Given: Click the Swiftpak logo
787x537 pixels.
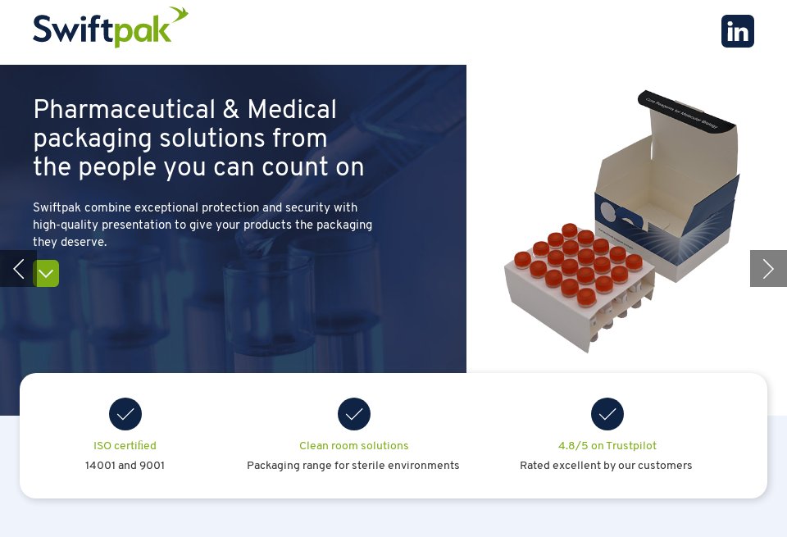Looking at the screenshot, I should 110,28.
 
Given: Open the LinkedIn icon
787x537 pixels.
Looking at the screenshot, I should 737,31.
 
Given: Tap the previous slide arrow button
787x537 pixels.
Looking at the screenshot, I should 17,269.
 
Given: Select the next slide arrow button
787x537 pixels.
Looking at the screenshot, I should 768,269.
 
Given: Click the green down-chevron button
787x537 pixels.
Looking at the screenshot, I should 46,273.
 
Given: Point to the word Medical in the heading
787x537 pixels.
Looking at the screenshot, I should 292,111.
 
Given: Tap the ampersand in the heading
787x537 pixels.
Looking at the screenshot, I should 231,111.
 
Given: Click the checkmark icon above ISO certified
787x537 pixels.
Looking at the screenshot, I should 125,414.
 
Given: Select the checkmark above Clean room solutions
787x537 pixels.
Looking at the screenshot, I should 354,414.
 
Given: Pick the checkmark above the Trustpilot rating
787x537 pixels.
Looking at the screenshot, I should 607,414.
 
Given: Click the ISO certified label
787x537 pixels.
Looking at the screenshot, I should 125,446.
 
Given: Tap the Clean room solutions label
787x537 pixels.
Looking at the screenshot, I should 354,446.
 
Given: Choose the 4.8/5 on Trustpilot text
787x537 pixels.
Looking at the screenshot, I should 607,446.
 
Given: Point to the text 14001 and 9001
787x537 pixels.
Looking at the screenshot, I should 125,466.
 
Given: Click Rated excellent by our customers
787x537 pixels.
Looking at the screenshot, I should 606,466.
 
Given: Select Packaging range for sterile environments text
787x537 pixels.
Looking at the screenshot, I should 353,466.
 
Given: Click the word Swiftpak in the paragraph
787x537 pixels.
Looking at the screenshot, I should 57,208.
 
